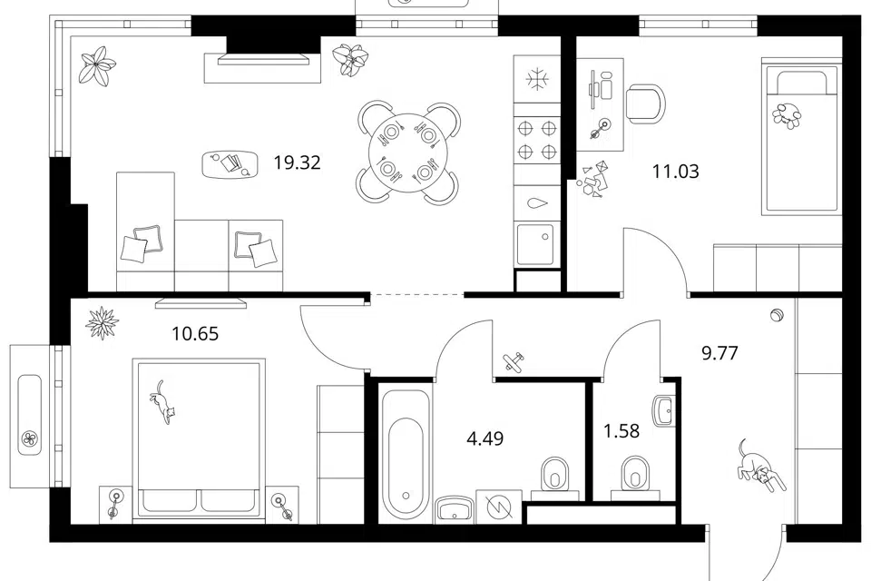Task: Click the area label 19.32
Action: pos(298,162)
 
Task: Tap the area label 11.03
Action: pos(675,172)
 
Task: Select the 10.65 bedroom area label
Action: pos(195,334)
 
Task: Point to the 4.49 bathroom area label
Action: pos(485,438)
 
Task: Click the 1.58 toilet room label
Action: pos(621,431)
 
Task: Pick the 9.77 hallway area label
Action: pos(719,353)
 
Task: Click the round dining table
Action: pos(407,153)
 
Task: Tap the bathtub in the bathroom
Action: pos(406,455)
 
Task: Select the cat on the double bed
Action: pos(162,402)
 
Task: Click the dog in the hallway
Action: pos(760,466)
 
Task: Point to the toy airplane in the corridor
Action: pos(514,361)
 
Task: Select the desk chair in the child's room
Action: pos(645,104)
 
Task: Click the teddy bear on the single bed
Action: pos(788,115)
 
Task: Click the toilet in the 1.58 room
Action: pos(635,477)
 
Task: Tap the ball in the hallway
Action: pos(776,315)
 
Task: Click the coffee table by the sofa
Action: pos(230,164)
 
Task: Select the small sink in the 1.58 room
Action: pos(664,410)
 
